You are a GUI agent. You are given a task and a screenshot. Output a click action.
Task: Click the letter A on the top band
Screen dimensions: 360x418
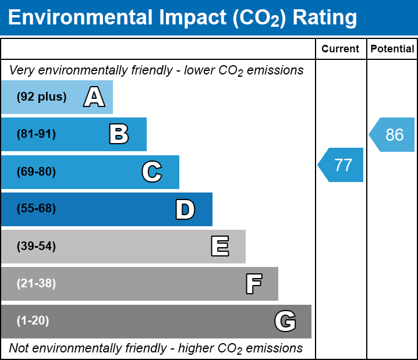click(x=94, y=97)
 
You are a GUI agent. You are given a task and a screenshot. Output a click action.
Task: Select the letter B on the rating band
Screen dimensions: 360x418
click(x=119, y=134)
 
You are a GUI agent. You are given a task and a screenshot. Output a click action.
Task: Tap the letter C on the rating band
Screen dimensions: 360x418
click(x=151, y=172)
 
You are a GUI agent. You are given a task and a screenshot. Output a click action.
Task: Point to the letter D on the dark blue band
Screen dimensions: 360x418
click(x=185, y=209)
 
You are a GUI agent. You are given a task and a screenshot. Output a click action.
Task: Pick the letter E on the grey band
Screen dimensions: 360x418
click(x=219, y=246)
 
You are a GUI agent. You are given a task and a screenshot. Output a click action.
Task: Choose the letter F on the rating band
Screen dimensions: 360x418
click(x=253, y=284)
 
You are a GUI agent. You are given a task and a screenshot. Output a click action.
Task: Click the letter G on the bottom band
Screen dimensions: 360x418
click(x=285, y=321)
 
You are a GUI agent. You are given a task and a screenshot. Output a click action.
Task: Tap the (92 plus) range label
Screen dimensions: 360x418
click(x=41, y=97)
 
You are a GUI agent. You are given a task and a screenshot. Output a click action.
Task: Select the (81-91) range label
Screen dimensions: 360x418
click(x=36, y=134)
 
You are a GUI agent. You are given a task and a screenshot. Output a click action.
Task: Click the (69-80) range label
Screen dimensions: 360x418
click(x=36, y=172)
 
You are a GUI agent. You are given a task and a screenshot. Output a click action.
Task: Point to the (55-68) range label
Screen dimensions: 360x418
click(x=36, y=209)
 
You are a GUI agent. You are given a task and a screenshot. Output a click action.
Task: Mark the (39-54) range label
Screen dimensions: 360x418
click(x=36, y=246)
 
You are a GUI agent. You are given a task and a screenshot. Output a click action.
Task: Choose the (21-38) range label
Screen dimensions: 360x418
click(x=36, y=284)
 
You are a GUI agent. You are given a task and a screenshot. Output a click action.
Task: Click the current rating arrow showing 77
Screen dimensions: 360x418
click(x=342, y=165)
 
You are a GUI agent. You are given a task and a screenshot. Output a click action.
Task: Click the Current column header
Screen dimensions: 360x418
click(x=341, y=49)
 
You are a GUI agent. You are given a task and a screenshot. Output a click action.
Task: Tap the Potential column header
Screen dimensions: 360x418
click(x=392, y=49)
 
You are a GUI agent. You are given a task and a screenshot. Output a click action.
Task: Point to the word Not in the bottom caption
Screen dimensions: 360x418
click(x=19, y=348)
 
